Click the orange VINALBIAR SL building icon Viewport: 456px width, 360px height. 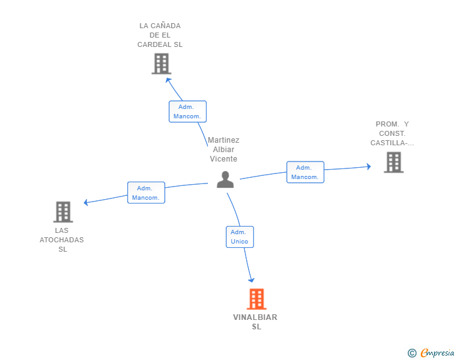[257, 299]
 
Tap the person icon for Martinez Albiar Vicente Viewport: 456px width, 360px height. [225, 180]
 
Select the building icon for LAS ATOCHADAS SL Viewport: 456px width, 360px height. [63, 212]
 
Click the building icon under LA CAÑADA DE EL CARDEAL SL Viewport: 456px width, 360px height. [162, 64]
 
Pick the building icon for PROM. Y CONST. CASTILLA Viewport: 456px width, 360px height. [393, 162]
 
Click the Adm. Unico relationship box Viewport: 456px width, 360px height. [240, 237]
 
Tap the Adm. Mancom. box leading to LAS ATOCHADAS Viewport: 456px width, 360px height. [146, 192]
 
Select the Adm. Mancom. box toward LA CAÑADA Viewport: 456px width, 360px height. [187, 111]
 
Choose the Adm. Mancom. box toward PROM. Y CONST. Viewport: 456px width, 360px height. [305, 172]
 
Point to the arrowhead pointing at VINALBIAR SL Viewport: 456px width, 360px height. [252, 280]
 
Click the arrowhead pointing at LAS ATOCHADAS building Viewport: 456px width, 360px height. [85, 202]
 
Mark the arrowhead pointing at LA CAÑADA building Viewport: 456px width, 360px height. [168, 80]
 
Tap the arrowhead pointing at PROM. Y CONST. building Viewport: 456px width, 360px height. [369, 167]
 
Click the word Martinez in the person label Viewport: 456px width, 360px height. [224, 140]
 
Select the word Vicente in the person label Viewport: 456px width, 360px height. [224, 159]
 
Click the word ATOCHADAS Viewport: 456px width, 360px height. [61, 240]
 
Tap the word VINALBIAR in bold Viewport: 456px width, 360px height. [255, 317]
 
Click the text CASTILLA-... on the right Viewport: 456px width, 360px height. [392, 143]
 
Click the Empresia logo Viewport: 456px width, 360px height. [431, 352]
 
